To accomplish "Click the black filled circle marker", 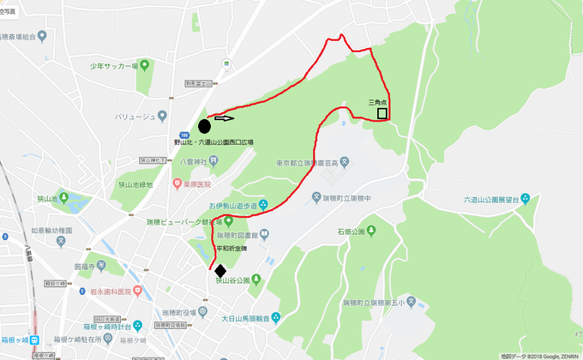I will [204, 126].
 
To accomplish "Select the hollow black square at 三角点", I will [382, 112].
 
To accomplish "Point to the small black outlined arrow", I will [224, 119].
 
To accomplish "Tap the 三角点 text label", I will [378, 101].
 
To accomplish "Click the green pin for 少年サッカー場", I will [144, 65].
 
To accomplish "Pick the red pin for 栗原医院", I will [177, 183].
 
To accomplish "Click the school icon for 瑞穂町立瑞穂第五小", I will [411, 301].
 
